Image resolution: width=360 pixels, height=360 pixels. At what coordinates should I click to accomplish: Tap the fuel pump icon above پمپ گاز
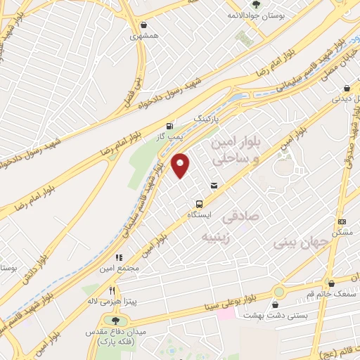coord(167,127)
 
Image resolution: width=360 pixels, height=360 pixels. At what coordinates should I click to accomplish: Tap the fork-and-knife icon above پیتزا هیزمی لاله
coord(111,290)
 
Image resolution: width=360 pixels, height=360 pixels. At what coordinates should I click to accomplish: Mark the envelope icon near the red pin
coord(214,186)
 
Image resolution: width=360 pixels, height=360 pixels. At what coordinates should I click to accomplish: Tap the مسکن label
coord(342,231)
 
